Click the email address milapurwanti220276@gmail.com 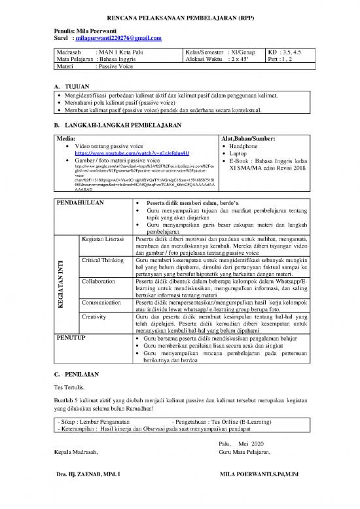point(118,39)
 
